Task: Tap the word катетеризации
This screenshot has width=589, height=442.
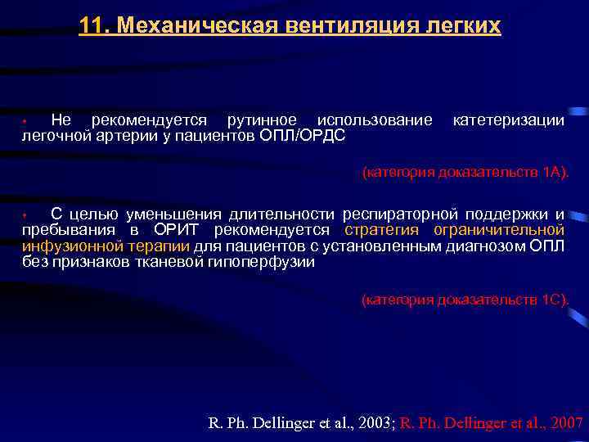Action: (508, 121)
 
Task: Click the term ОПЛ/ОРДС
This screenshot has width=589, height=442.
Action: (303, 135)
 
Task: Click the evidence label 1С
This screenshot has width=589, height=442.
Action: (551, 300)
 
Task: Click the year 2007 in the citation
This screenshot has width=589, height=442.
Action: (564, 423)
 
